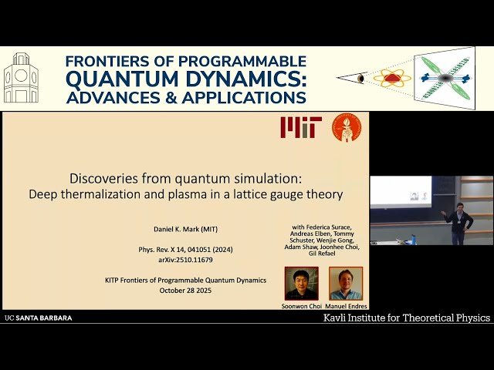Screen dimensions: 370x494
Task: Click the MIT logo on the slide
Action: pyautogui.click(x=299, y=127)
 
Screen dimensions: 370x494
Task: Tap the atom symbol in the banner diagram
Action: pyautogui.click(x=392, y=78)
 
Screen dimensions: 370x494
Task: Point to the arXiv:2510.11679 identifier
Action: pyautogui.click(x=183, y=261)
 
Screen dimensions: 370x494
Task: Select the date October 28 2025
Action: pyautogui.click(x=183, y=291)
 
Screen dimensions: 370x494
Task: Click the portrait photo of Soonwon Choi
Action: pyautogui.click(x=301, y=283)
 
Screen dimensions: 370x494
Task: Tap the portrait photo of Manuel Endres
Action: pyautogui.click(x=346, y=283)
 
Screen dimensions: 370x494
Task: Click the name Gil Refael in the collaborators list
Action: pyautogui.click(x=323, y=254)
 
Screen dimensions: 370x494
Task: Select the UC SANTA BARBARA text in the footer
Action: pyautogui.click(x=39, y=318)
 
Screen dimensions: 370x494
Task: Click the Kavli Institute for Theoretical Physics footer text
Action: pyautogui.click(x=406, y=318)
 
